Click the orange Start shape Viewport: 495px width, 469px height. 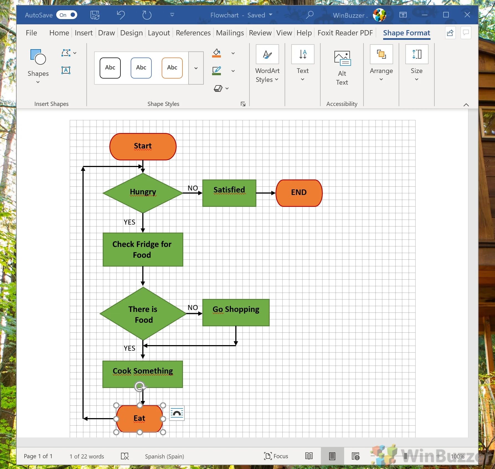(143, 147)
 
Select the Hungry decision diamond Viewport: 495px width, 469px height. (143, 193)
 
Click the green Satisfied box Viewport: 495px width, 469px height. (229, 193)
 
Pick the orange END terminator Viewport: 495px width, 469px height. (299, 193)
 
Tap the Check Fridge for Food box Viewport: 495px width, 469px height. (143, 249)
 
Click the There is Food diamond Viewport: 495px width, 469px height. (143, 314)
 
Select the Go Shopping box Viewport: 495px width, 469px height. (236, 312)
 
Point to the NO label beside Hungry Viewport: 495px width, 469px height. (193, 188)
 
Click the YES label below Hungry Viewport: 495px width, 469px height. (129, 222)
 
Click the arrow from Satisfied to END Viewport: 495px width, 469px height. (265, 193)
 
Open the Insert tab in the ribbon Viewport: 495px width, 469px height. (83, 33)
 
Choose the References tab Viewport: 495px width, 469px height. (193, 33)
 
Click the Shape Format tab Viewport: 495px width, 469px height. (406, 33)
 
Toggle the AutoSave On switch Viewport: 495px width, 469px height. (67, 15)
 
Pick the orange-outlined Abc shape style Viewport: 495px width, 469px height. (172, 68)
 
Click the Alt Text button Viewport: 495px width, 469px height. (342, 68)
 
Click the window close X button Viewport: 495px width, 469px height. (467, 15)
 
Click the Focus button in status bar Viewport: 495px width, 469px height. (276, 456)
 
